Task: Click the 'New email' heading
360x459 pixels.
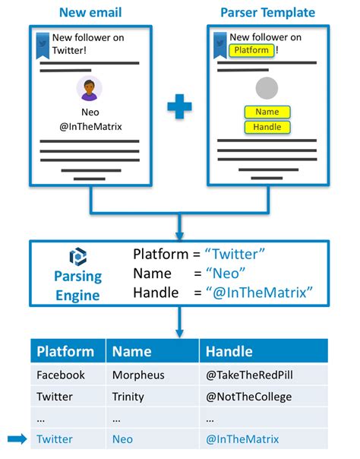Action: tap(90, 13)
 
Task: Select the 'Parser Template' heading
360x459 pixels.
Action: tap(267, 13)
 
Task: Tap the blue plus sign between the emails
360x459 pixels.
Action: tap(179, 106)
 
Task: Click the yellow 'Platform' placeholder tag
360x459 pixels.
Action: tap(251, 50)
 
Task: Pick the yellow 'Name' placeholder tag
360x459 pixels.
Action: tap(267, 112)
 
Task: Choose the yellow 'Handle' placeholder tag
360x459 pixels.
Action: tap(267, 127)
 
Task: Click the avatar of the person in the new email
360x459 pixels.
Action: tap(89, 88)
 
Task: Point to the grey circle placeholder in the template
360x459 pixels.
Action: tap(267, 88)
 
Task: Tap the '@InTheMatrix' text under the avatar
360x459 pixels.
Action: tap(90, 127)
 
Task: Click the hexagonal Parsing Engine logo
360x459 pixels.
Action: tap(78, 257)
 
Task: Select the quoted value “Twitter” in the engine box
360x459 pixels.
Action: tap(235, 254)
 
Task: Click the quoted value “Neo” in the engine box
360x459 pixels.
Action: tap(226, 274)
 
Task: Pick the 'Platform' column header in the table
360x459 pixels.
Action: tap(65, 351)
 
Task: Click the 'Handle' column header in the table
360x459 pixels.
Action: tap(229, 351)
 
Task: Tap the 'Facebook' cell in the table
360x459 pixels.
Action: tap(61, 375)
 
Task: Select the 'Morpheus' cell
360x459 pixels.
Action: tap(138, 375)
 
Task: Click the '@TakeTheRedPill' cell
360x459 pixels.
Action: tap(249, 375)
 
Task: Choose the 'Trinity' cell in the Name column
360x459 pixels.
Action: tap(128, 397)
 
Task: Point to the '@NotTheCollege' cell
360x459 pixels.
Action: tap(248, 397)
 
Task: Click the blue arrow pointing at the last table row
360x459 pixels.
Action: tap(17, 438)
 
